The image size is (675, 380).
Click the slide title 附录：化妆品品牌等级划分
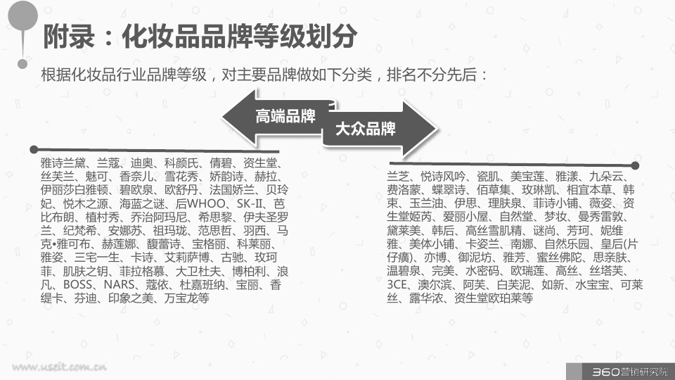[x=200, y=36]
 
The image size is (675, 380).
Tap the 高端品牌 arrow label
[x=285, y=116]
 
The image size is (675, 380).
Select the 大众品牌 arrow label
[x=365, y=128]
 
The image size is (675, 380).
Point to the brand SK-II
[x=249, y=203]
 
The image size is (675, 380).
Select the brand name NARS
[x=120, y=284]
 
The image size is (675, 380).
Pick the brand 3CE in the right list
[x=397, y=284]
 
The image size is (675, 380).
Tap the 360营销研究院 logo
[x=630, y=372]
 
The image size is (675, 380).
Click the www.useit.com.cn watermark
[x=59, y=367]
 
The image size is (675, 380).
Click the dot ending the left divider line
[x=34, y=149]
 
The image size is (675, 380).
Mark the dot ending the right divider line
[x=636, y=165]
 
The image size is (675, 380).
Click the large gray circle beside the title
[x=23, y=16]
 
